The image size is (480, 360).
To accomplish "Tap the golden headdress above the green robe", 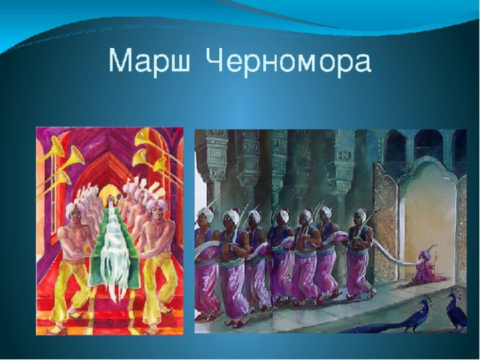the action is [108, 192].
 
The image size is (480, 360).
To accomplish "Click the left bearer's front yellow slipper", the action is [58, 329].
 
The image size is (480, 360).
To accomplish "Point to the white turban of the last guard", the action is [361, 214].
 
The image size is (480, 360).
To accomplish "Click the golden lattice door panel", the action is [386, 223].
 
